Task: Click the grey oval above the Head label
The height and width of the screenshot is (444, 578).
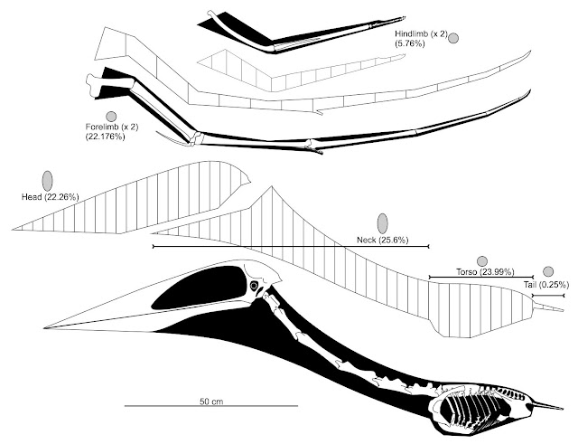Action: pyautogui.click(x=48, y=181)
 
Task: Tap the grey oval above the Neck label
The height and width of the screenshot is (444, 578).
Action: pyautogui.click(x=383, y=223)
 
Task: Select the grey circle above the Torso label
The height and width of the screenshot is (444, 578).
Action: pyautogui.click(x=481, y=261)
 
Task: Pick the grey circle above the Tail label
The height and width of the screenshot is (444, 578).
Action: pyautogui.click(x=548, y=271)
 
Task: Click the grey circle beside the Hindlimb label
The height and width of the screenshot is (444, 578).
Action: pyautogui.click(x=453, y=38)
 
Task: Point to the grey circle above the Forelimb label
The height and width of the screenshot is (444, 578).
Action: pyautogui.click(x=111, y=117)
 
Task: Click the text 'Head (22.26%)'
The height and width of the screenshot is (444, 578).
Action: pyautogui.click(x=51, y=197)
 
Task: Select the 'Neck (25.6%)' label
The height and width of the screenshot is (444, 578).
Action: pyautogui.click(x=383, y=241)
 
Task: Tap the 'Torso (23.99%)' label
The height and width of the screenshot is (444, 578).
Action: pyautogui.click(x=485, y=272)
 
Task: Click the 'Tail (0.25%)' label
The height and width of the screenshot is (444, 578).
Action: pyautogui.click(x=546, y=285)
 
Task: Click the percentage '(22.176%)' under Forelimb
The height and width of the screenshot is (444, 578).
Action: pyautogui.click(x=105, y=137)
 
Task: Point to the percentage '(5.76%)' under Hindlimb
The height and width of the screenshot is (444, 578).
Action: pyautogui.click(x=409, y=43)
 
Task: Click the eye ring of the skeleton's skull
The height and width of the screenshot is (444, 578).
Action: pyautogui.click(x=254, y=286)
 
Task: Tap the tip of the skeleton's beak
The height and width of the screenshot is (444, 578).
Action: pyautogui.click(x=44, y=327)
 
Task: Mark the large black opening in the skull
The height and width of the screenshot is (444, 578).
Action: pyautogui.click(x=199, y=288)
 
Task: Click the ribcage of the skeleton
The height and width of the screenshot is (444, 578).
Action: pyautogui.click(x=471, y=410)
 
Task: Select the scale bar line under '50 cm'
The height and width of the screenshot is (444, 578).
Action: pyautogui.click(x=211, y=406)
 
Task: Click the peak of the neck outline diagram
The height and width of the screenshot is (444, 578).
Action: pyautogui.click(x=272, y=187)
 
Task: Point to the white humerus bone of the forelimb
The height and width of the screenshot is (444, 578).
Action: pyautogui.click(x=109, y=83)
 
